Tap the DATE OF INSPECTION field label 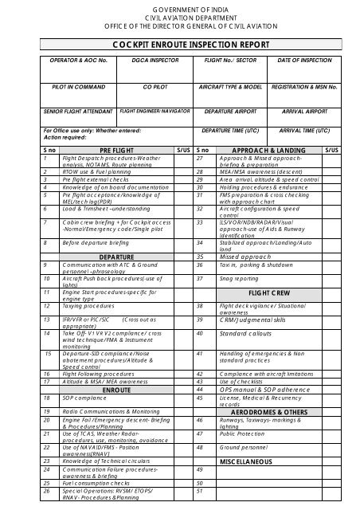tap(305, 61)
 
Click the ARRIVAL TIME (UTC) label tap(305, 130)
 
